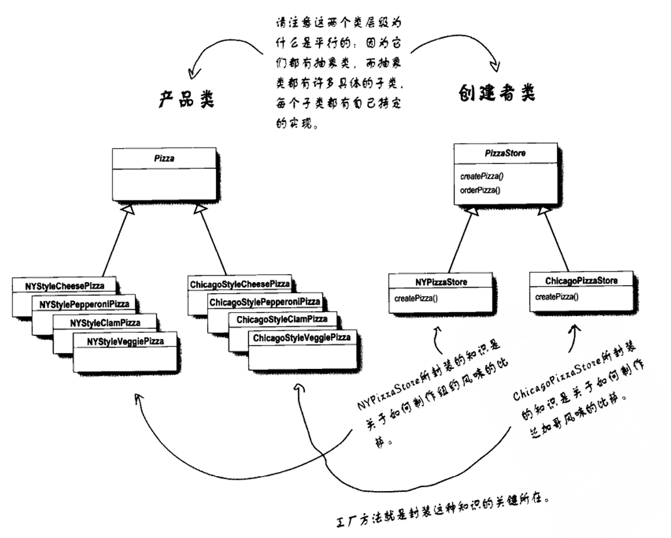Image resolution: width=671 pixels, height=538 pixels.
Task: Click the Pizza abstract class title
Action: pos(163,157)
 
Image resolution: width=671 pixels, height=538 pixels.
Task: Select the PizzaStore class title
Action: pos(505,154)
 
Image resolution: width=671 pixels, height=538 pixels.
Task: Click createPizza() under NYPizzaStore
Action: pos(416,298)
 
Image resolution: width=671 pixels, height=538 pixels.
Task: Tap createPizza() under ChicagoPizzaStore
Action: pos(557,296)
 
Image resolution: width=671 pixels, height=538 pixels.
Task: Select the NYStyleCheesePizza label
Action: pos(65,286)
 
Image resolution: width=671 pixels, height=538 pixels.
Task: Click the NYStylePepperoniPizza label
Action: pos(85,304)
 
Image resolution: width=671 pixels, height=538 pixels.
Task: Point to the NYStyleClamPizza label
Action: pos(105,323)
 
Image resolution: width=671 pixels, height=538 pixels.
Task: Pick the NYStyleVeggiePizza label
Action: pos(126,341)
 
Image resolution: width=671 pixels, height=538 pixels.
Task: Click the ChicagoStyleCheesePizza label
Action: pos(239,285)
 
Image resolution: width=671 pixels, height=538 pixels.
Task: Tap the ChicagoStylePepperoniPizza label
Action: pos(265,302)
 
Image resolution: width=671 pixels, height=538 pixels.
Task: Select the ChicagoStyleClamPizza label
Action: pos(282,320)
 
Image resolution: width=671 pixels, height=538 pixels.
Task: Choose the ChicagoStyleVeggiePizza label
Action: pos(301,338)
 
